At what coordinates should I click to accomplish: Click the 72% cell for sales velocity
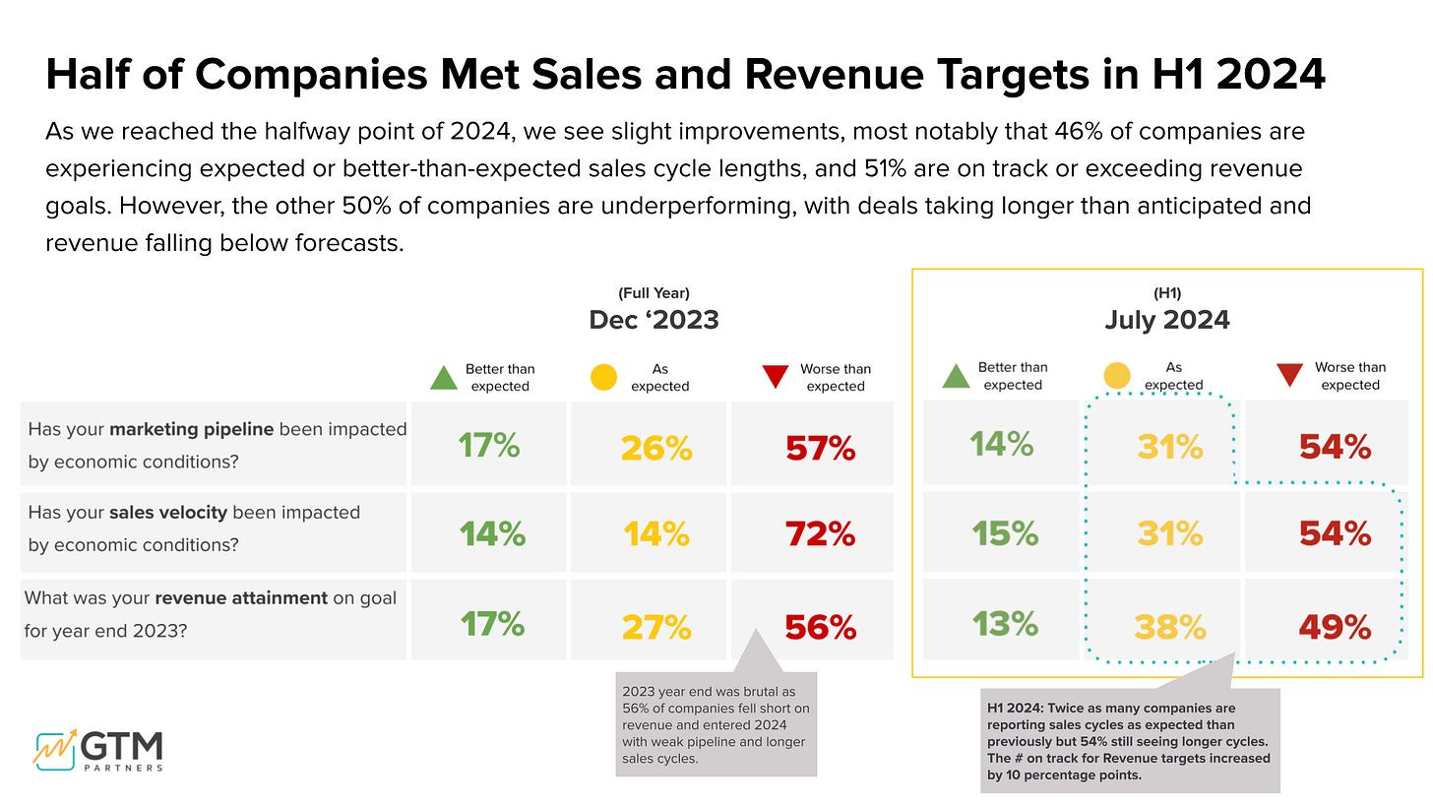tap(820, 534)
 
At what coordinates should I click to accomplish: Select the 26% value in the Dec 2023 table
tap(656, 449)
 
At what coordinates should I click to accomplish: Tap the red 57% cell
tap(820, 449)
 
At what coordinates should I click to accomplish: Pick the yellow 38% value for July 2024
tap(1170, 627)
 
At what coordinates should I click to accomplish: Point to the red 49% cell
tap(1335, 627)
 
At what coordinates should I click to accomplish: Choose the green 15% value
tap(1005, 533)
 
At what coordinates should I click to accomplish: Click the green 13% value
tap(1005, 624)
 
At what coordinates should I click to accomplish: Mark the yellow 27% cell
tap(656, 627)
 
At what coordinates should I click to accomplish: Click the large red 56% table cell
tap(820, 627)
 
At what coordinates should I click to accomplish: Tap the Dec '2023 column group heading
tap(654, 320)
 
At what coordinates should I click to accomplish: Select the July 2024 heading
tap(1167, 320)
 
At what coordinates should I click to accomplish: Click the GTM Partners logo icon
tap(55, 749)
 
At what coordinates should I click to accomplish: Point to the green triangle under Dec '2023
tap(444, 377)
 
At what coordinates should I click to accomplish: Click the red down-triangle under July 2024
tap(1289, 375)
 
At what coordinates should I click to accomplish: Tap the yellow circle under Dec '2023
tap(603, 377)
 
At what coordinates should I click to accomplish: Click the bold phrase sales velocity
tap(168, 513)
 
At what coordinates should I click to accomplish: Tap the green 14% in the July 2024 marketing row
tap(1002, 445)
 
